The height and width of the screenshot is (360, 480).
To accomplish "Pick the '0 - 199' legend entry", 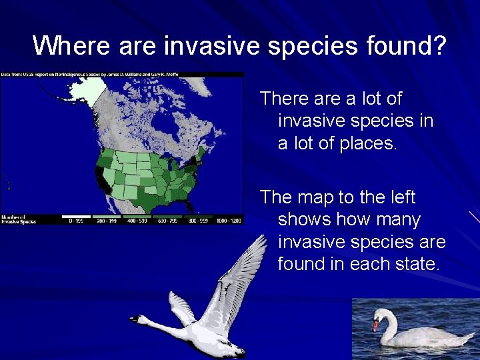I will point(74,220).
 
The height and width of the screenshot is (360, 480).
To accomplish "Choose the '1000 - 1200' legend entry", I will point(228,220).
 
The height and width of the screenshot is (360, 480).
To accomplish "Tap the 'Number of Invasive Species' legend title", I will point(18,219).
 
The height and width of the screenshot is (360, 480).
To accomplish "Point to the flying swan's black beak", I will point(134,319).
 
